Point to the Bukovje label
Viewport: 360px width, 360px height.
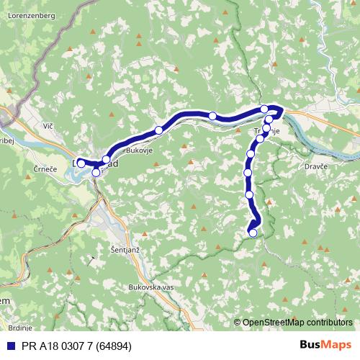pos(137,150)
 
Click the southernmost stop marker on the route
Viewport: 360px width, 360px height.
pos(252,232)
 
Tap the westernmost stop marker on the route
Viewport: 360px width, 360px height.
pos(81,163)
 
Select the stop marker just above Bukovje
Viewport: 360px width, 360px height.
pos(158,130)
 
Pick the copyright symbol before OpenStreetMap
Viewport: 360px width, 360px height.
pos(238,323)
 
